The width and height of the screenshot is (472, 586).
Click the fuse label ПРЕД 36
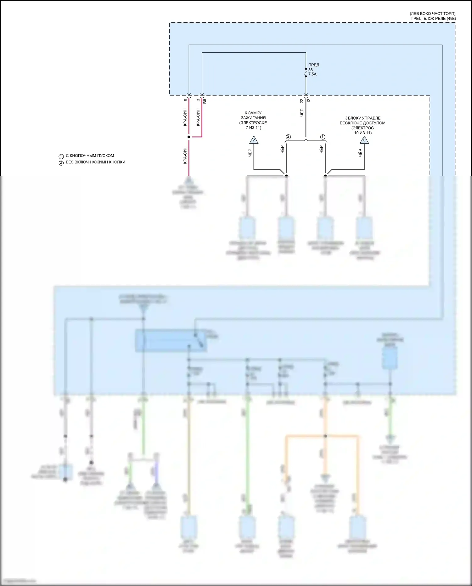click(x=313, y=67)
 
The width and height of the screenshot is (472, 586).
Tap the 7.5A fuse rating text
click(x=312, y=74)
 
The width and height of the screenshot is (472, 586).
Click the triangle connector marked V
click(x=254, y=140)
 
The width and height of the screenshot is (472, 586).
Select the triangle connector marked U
click(x=364, y=140)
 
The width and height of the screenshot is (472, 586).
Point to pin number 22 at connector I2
click(x=302, y=101)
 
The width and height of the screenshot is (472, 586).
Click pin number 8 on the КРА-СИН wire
click(x=185, y=100)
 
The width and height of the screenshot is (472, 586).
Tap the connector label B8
click(x=205, y=101)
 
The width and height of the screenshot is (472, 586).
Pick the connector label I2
click(x=309, y=100)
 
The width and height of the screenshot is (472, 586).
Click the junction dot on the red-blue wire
click(x=189, y=137)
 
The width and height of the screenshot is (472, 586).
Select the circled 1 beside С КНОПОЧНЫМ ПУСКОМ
click(x=61, y=156)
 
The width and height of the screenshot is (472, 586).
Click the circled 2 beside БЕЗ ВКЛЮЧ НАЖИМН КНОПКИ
click(x=61, y=163)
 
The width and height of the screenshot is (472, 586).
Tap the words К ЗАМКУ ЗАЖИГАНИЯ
click(x=253, y=115)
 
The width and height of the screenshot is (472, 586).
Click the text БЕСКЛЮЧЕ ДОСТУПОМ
click(x=362, y=123)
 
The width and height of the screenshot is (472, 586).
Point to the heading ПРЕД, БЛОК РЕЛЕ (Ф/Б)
click(x=433, y=19)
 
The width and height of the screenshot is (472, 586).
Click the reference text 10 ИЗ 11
click(x=363, y=133)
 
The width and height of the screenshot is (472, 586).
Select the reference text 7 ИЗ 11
click(x=253, y=128)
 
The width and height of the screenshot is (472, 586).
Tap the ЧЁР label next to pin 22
click(x=302, y=113)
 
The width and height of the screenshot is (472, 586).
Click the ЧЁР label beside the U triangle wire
click(x=360, y=153)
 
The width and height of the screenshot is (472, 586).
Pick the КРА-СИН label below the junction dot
click(x=185, y=155)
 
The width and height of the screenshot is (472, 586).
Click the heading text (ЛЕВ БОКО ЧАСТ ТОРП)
click(x=432, y=14)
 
